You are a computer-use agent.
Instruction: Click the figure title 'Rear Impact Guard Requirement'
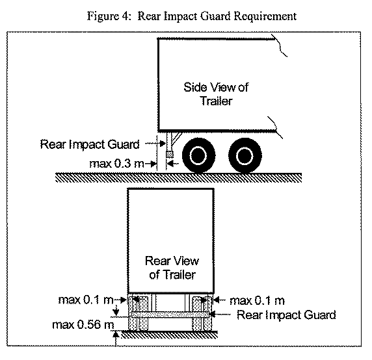(217, 16)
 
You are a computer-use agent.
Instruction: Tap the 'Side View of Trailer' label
(216, 94)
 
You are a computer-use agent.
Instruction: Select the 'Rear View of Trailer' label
(172, 268)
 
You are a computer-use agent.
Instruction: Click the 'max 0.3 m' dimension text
(116, 164)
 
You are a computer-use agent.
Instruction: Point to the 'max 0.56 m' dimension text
(83, 325)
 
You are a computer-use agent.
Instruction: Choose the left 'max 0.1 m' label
(86, 300)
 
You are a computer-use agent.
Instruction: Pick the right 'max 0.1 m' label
(257, 300)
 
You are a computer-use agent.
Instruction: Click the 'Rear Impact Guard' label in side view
(90, 144)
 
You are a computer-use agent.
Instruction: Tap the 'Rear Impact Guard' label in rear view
(286, 315)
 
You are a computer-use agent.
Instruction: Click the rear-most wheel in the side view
(199, 155)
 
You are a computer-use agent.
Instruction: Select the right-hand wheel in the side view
(245, 155)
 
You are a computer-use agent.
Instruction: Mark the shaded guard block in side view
(169, 154)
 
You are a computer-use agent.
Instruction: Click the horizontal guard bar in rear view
(170, 315)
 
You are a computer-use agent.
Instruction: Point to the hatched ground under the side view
(178, 178)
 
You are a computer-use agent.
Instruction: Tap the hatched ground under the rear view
(169, 335)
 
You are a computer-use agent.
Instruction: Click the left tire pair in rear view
(138, 313)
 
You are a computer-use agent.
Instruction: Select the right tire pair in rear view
(202, 313)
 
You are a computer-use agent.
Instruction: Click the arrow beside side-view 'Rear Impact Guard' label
(155, 144)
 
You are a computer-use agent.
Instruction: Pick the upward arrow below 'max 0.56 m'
(116, 339)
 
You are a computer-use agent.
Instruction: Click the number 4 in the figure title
(126, 16)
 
